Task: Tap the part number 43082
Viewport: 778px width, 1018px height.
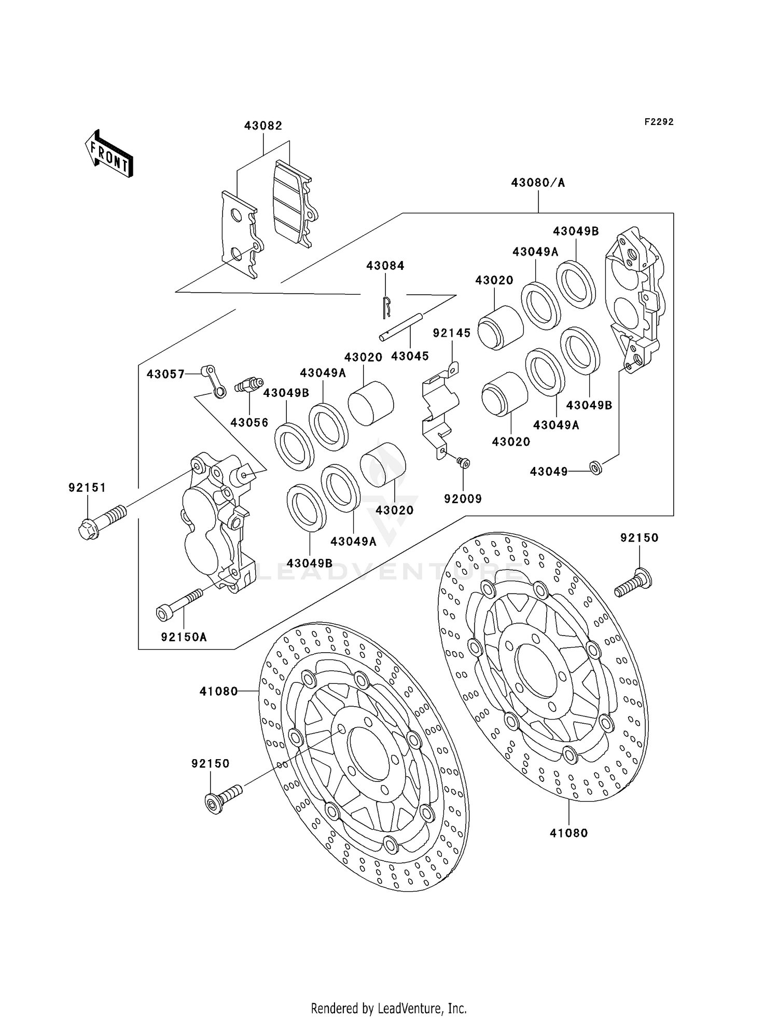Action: (263, 126)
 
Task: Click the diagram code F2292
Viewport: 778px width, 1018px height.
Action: (659, 122)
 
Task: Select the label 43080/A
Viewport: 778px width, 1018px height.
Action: (538, 183)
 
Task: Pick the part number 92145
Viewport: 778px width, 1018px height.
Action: (452, 333)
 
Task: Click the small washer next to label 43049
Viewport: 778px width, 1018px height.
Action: (596, 468)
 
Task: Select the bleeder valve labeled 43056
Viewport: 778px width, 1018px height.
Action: (249, 386)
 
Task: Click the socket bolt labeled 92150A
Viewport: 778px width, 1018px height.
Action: (179, 604)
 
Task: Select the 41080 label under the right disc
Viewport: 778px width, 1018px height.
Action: (569, 833)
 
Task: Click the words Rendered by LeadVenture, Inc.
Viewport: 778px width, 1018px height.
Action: (388, 1008)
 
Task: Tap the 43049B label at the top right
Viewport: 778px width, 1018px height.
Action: (576, 231)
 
